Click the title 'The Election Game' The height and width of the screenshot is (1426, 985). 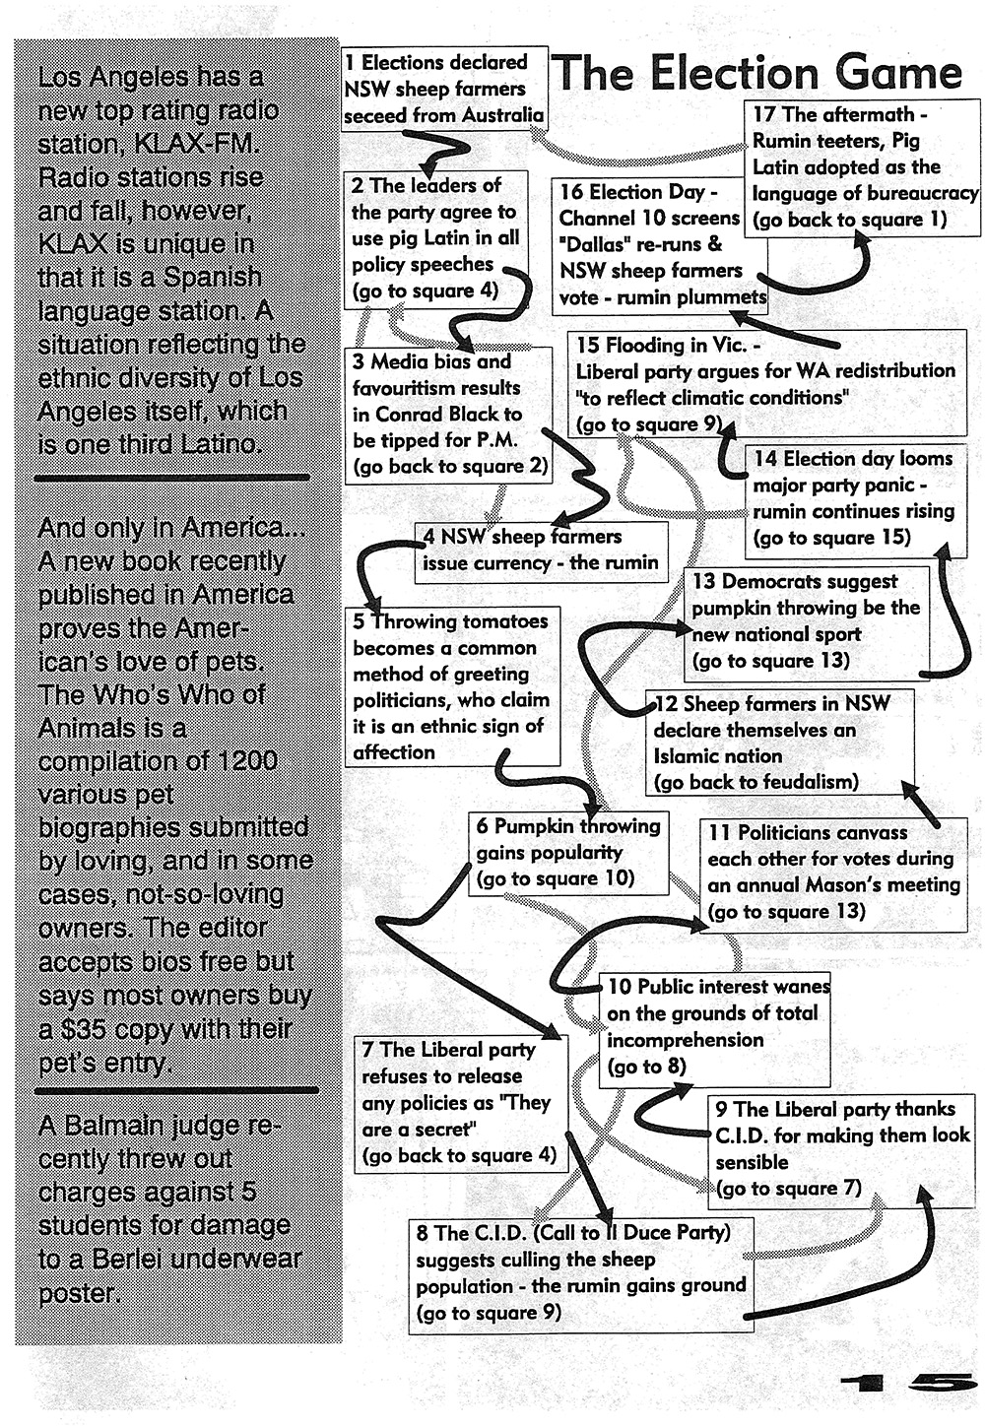click(756, 74)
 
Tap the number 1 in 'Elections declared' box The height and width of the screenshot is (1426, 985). click(351, 63)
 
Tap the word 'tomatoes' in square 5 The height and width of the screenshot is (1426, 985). click(504, 621)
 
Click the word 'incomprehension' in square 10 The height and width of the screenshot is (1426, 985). click(686, 1040)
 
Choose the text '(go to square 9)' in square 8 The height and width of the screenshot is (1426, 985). click(488, 1313)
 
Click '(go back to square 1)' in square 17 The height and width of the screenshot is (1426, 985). click(850, 220)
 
